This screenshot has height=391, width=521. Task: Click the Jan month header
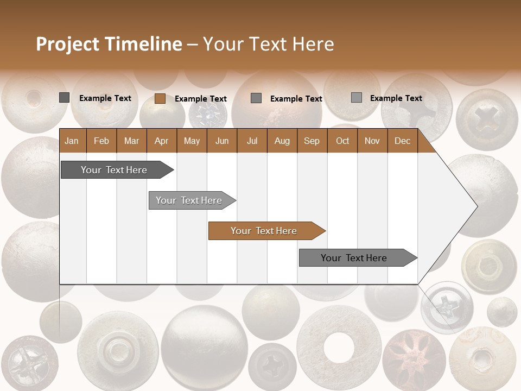click(72, 141)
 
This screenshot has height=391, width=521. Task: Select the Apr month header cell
click(161, 141)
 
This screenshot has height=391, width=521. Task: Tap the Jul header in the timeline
click(252, 141)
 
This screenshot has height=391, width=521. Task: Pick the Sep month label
click(312, 141)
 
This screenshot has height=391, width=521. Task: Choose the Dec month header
click(402, 141)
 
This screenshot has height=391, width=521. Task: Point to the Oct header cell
click(342, 141)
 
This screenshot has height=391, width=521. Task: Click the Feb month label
click(101, 141)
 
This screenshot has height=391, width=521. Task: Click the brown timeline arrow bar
click(266, 231)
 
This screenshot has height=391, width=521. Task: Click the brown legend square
click(160, 98)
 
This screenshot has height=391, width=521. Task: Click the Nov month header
click(372, 141)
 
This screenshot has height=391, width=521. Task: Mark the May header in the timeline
click(192, 141)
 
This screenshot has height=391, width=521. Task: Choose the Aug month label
click(282, 141)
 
